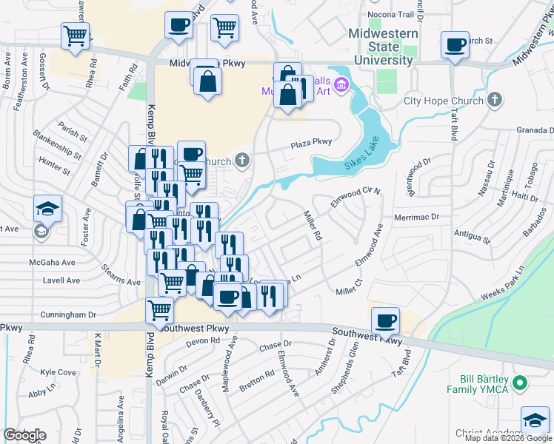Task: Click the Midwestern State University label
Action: pyautogui.click(x=383, y=46)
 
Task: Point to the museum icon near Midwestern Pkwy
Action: pyautogui.click(x=340, y=85)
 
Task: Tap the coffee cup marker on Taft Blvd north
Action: pyautogui.click(x=454, y=45)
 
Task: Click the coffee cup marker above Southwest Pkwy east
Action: pyautogui.click(x=384, y=320)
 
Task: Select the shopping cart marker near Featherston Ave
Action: pyautogui.click(x=75, y=35)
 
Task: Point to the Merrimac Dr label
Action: pyautogui.click(x=418, y=218)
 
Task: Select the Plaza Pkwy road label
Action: pyautogui.click(x=311, y=143)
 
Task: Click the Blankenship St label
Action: pyautogui.click(x=56, y=144)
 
